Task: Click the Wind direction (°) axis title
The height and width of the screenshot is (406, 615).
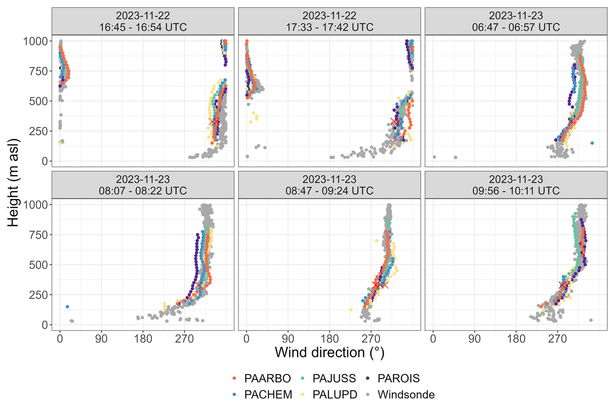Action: tap(329, 352)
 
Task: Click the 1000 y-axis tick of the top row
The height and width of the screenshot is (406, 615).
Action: tap(35, 41)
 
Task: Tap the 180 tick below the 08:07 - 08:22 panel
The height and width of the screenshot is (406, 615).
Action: tap(143, 339)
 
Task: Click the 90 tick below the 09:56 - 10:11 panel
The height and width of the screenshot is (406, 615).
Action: tap(475, 339)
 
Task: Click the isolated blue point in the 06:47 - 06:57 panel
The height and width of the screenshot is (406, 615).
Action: tap(592, 143)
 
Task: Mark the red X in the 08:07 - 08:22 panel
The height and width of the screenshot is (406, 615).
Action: tap(198, 285)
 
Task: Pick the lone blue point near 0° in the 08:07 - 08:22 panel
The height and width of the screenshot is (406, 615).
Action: tap(67, 307)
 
